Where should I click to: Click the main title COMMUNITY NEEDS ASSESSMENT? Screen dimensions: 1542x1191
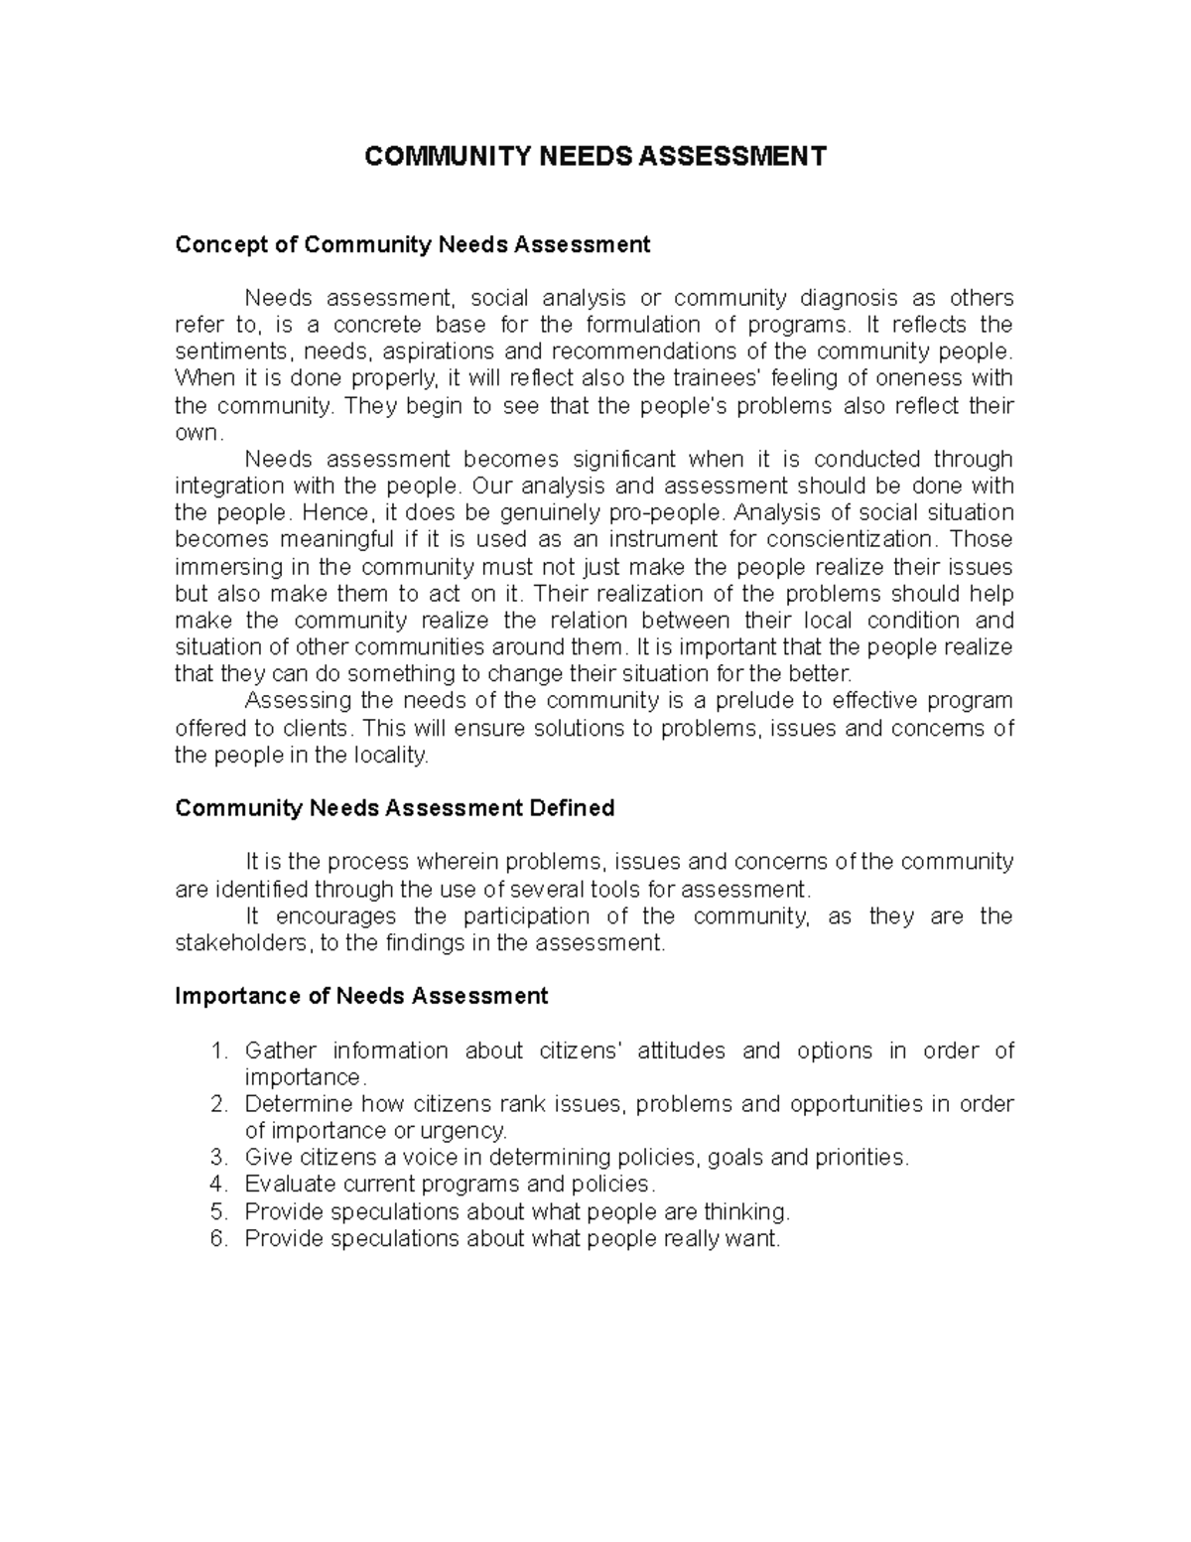(x=595, y=157)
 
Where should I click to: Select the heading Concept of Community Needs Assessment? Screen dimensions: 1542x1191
(x=412, y=244)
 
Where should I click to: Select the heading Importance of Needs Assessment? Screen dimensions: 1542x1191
(x=361, y=996)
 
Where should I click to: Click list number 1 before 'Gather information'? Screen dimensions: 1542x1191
(x=218, y=1051)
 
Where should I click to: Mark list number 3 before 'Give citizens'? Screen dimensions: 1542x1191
(x=218, y=1158)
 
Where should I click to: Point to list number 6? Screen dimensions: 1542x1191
(x=218, y=1238)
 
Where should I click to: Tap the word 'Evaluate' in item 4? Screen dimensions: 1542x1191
(x=290, y=1185)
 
